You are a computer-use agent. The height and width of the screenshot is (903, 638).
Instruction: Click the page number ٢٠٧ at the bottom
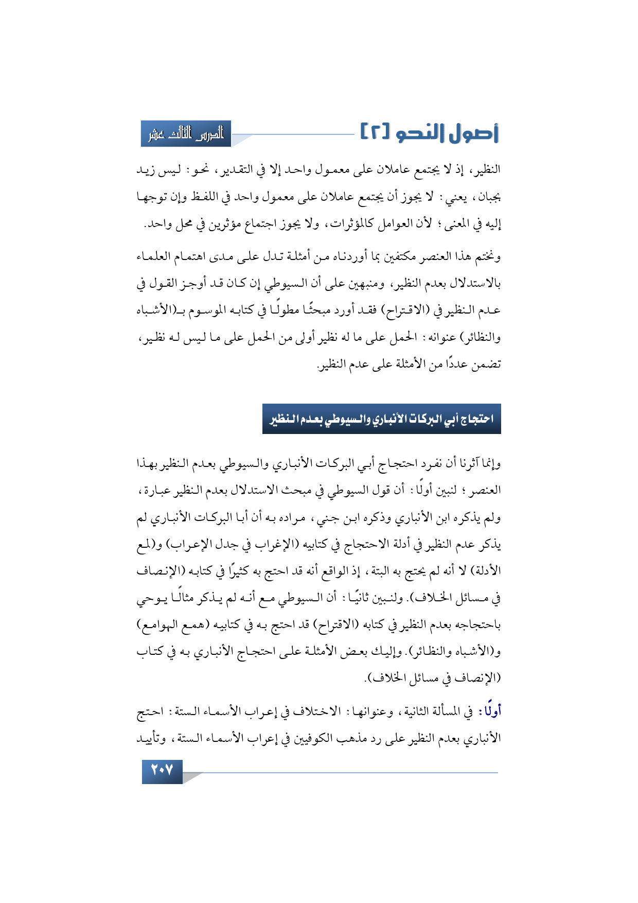coord(162,771)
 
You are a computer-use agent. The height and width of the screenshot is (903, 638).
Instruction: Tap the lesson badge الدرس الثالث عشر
coord(186,134)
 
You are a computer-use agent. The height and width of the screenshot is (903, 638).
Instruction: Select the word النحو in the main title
coord(423,133)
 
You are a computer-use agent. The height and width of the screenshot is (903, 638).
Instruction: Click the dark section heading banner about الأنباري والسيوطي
coord(381,419)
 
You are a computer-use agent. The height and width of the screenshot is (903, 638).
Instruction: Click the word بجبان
coord(488,197)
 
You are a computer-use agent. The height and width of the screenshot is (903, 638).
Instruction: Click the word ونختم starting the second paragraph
coord(486,256)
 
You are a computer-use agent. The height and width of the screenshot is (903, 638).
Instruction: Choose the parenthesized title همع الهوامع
coord(162,625)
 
